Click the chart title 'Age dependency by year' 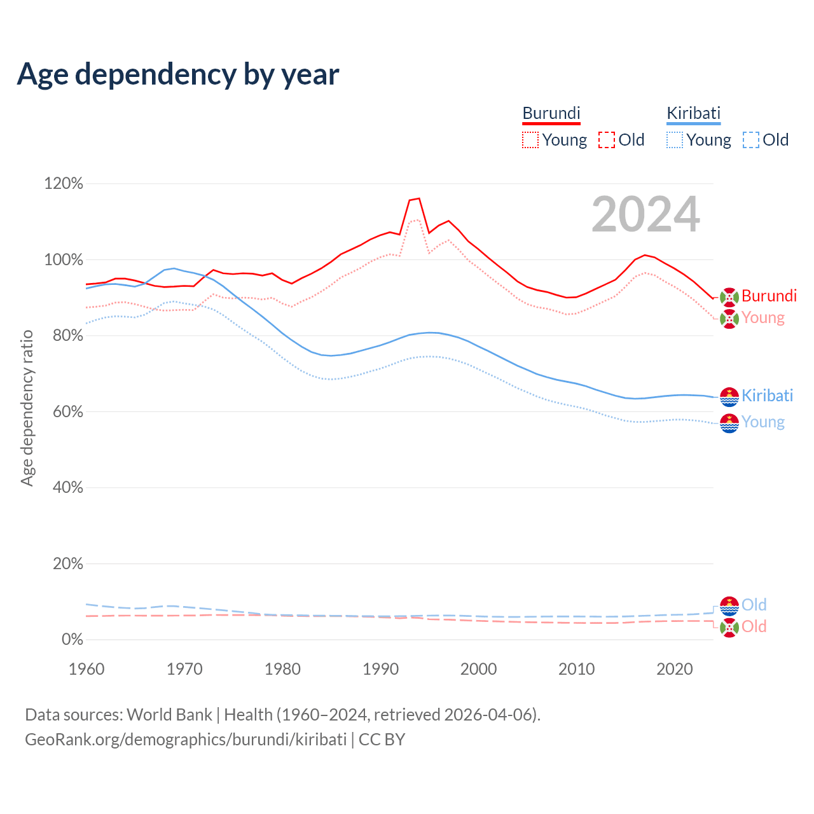178,74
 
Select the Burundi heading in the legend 551,113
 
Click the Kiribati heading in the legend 693,113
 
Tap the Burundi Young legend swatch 530,140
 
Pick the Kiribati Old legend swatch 750,140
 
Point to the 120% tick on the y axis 64,184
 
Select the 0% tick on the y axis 72,639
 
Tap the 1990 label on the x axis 380,669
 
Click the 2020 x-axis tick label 674,669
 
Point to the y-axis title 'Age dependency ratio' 27,408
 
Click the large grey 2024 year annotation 645,215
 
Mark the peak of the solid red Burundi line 418,198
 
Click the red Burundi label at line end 769,296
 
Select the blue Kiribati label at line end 767,396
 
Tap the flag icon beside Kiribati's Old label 729,605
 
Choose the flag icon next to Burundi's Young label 729,319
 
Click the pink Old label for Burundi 754,626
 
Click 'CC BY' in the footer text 382,740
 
